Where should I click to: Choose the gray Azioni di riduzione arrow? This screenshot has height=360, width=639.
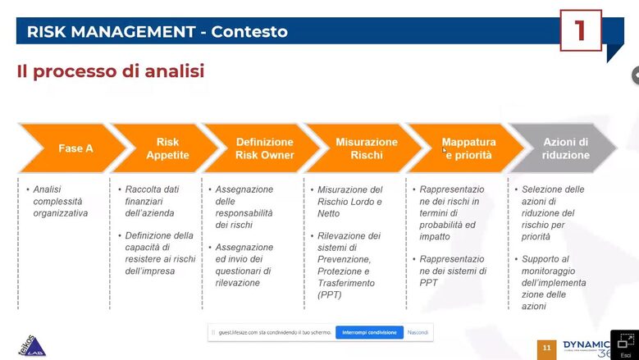click(565, 148)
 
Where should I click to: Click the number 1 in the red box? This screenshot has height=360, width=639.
click(581, 30)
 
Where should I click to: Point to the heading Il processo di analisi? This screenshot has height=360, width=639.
click(111, 71)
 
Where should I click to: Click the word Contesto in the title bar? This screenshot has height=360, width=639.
click(249, 31)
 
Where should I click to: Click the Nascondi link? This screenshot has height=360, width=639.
click(418, 332)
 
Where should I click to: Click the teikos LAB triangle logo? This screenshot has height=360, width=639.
click(33, 346)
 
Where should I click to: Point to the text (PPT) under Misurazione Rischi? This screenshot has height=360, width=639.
click(330, 295)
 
